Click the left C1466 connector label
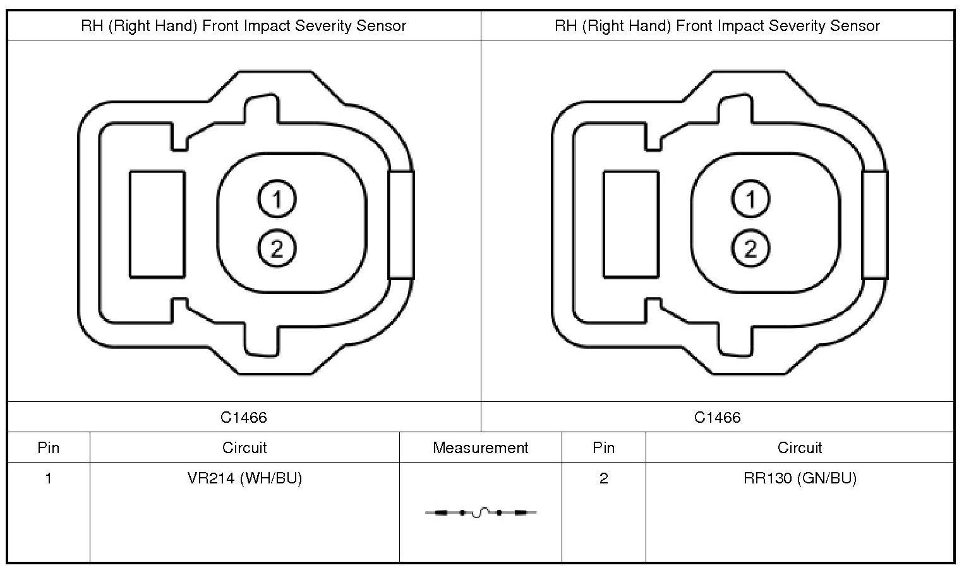click(x=244, y=417)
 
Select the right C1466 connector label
click(x=718, y=417)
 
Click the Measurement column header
click(x=480, y=448)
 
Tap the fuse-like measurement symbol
click(x=481, y=512)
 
